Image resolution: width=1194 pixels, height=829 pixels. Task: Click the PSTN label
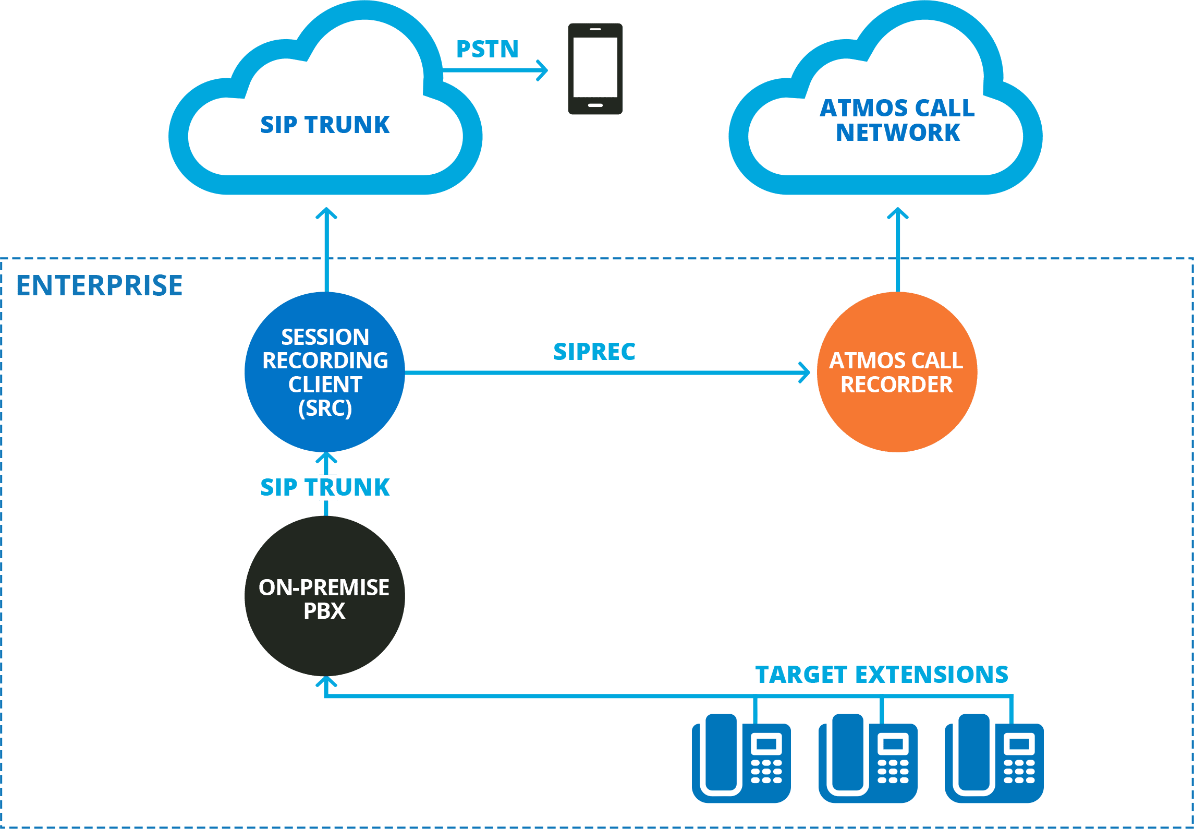click(x=487, y=49)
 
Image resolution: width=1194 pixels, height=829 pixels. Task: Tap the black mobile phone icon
click(x=595, y=68)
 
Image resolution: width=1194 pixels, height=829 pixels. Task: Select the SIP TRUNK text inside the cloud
click(x=325, y=125)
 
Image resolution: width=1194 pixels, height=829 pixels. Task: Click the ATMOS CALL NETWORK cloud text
click(x=897, y=121)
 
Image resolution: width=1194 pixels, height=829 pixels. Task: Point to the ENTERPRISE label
click(x=100, y=286)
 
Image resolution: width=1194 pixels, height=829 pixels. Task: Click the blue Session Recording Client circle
click(x=325, y=372)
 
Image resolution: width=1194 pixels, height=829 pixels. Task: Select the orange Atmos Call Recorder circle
click(x=897, y=372)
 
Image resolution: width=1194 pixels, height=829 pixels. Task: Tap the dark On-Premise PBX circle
click(x=325, y=596)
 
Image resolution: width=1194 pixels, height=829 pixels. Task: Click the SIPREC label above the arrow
click(x=594, y=352)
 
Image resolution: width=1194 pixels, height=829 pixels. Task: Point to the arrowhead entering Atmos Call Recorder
click(x=806, y=373)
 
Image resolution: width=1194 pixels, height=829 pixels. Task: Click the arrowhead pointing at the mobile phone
click(x=543, y=70)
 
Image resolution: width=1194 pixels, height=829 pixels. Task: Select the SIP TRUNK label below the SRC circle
click(x=325, y=487)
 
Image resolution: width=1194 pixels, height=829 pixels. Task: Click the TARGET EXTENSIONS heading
click(x=882, y=674)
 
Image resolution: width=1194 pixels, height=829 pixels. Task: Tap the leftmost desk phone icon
click(x=741, y=760)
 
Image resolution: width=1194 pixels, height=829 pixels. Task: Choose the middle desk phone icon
click(x=868, y=760)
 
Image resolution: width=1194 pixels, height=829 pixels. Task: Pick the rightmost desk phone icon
click(x=994, y=760)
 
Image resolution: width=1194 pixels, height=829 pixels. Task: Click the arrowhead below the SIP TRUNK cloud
click(x=327, y=213)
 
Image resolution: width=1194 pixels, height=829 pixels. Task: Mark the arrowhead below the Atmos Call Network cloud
click(x=898, y=213)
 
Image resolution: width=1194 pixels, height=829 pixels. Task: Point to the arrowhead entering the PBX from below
click(x=326, y=681)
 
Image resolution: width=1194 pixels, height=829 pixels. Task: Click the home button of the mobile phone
click(x=595, y=105)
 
